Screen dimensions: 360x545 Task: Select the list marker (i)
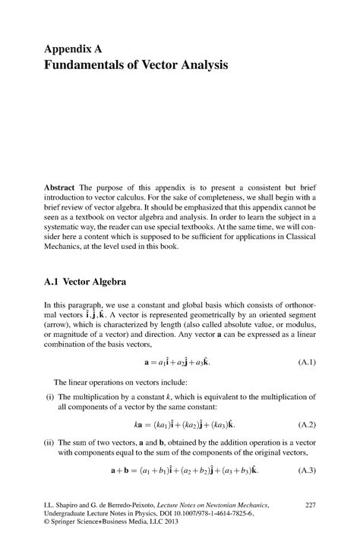pos(49,395)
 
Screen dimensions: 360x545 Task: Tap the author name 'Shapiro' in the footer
pos(70,504)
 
